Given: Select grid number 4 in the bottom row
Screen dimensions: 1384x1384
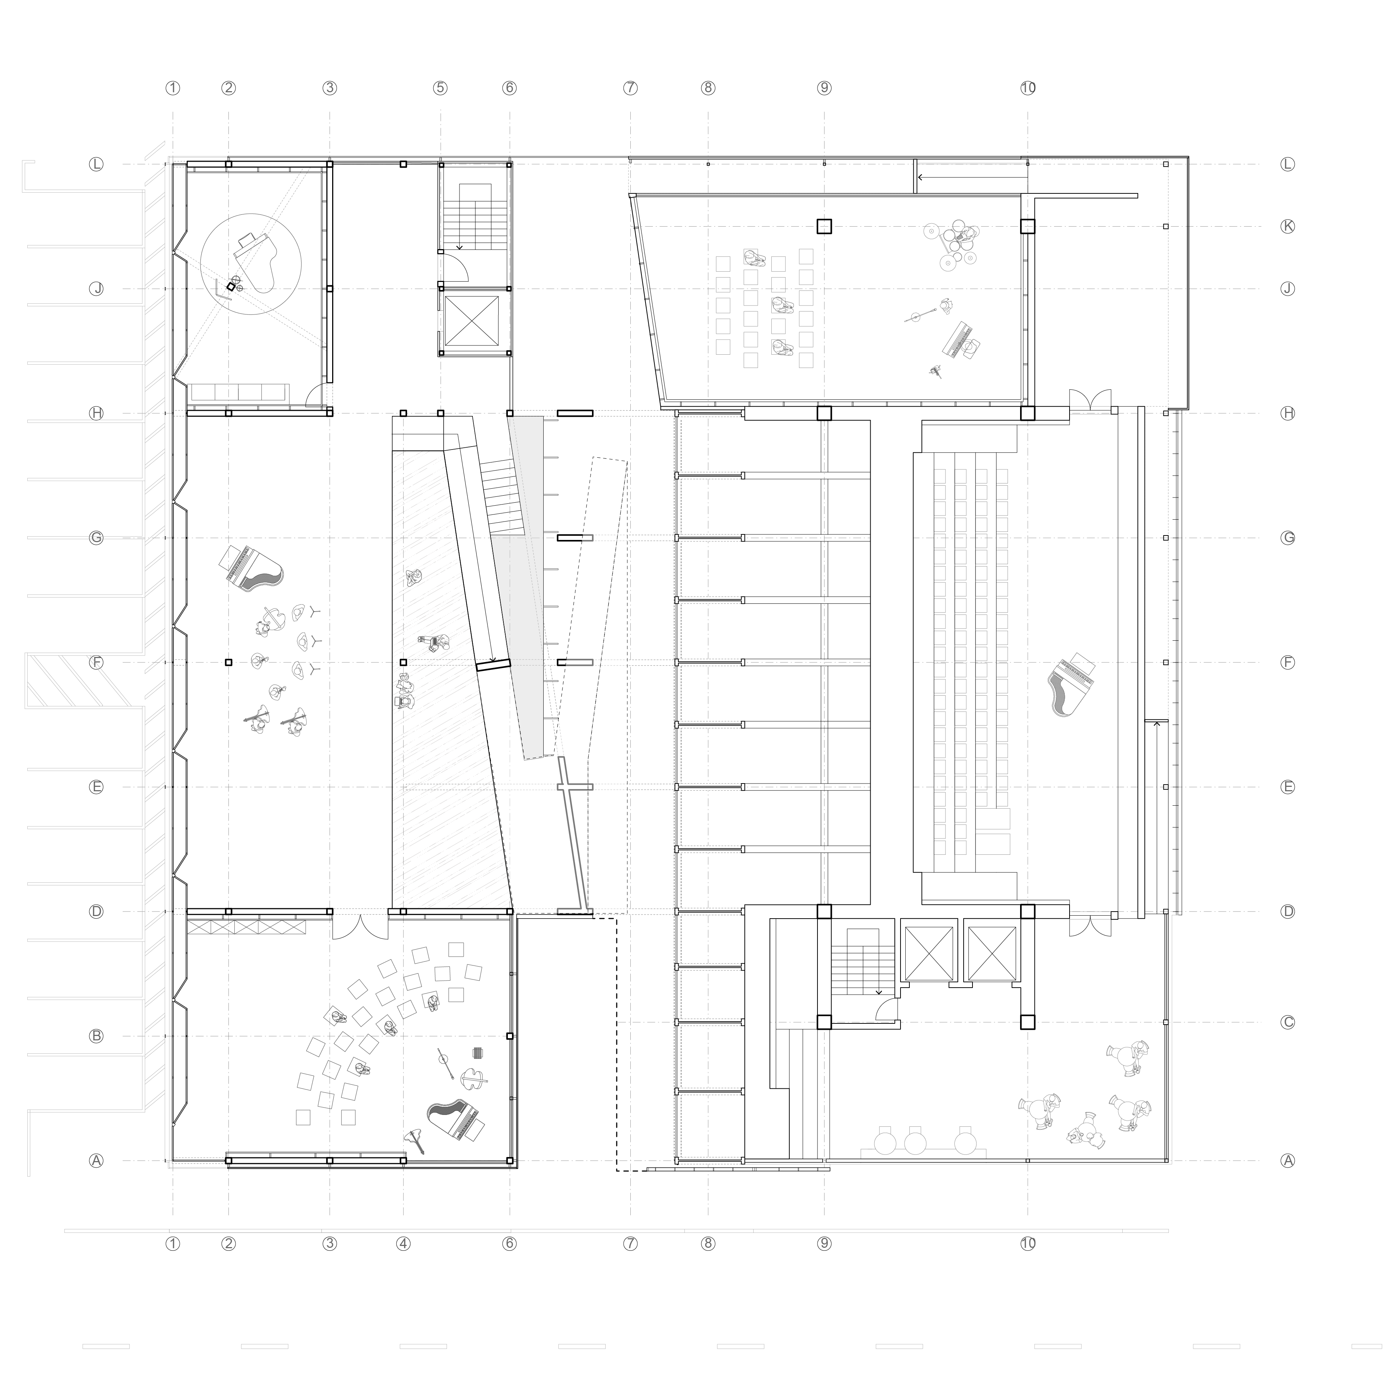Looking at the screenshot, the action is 403,1244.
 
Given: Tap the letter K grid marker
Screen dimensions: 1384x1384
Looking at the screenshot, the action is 1287,226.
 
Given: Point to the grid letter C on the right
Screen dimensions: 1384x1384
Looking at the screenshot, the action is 1287,1022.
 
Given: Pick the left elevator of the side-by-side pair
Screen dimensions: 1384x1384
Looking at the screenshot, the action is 929,953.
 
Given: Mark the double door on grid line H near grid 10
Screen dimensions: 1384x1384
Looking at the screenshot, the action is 1090,400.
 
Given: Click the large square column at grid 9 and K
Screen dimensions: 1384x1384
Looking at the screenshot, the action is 824,226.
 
